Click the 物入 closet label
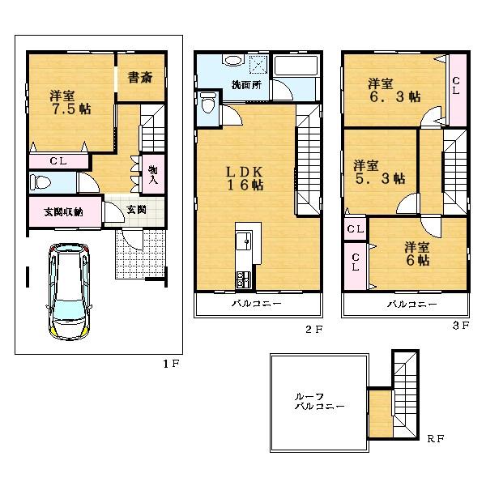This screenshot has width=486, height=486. [x=152, y=173]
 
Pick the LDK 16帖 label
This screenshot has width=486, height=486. [x=245, y=177]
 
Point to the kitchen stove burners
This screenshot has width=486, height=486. [x=243, y=280]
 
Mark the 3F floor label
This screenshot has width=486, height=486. [x=461, y=326]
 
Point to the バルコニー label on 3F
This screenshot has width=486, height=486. [x=411, y=305]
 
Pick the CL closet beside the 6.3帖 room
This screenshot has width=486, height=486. [x=457, y=86]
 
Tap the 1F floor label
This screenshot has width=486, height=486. [x=170, y=364]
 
